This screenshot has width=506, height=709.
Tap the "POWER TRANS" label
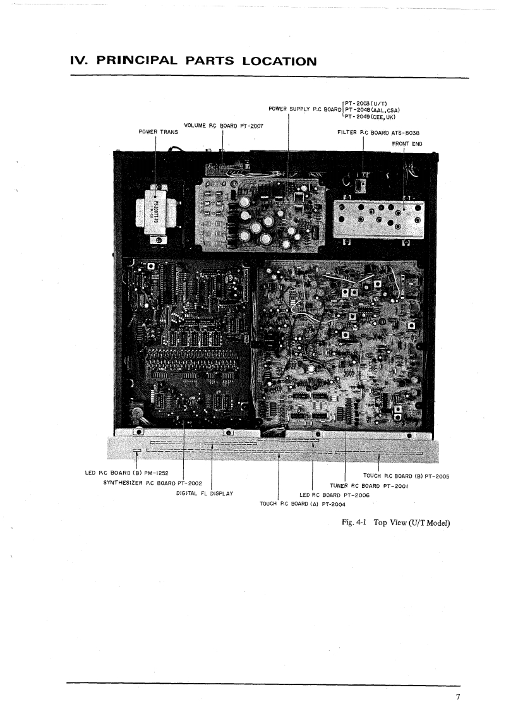158,131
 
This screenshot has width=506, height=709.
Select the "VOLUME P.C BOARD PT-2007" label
224,126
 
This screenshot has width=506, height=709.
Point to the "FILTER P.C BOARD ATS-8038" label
379,133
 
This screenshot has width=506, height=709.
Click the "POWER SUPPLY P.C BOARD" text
304,109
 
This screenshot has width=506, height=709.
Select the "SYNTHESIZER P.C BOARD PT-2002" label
152,483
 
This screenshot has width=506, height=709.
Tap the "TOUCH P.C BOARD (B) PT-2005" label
406,476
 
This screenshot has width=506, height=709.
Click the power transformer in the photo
155,213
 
